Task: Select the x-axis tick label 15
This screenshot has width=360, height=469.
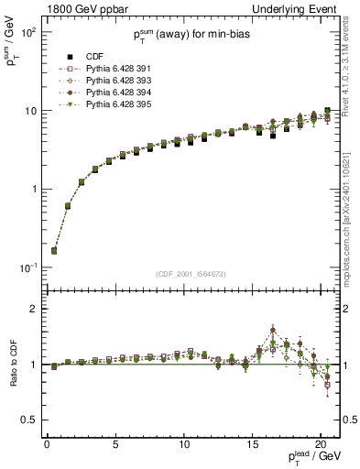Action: [x=252, y=444]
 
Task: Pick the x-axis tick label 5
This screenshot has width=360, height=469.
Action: [x=115, y=444]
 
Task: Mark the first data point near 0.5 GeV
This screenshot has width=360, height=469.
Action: [x=54, y=250]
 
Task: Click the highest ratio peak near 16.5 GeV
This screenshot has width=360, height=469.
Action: [x=273, y=330]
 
